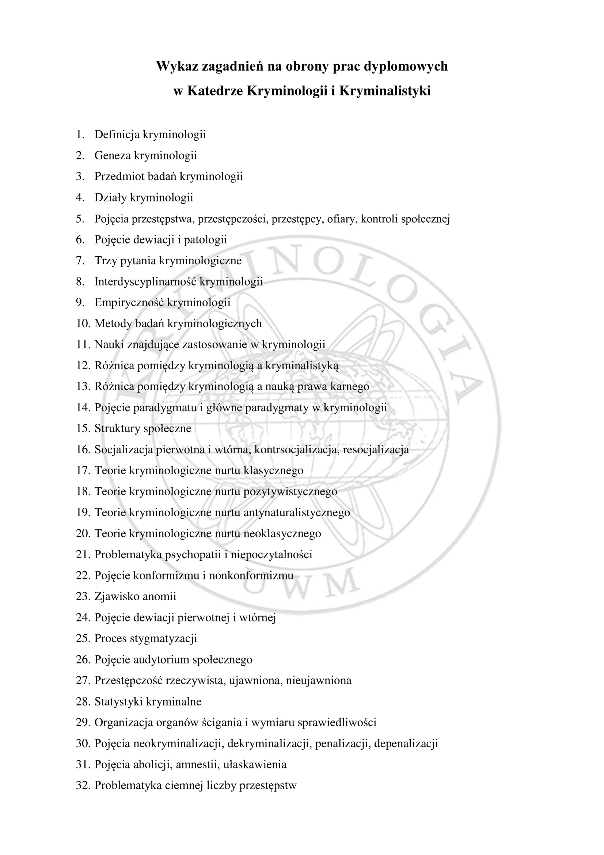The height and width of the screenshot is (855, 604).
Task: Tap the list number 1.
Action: (x=80, y=135)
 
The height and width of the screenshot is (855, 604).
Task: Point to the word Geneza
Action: (x=113, y=155)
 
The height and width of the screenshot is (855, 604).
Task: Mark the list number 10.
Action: (x=83, y=323)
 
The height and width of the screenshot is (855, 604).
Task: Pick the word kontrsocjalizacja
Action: (x=297, y=450)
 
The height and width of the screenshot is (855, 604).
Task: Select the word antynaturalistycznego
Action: (x=297, y=512)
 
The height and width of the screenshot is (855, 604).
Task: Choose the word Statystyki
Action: (x=118, y=701)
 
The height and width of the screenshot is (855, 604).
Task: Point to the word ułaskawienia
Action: (x=255, y=764)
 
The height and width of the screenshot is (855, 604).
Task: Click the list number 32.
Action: (x=83, y=785)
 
